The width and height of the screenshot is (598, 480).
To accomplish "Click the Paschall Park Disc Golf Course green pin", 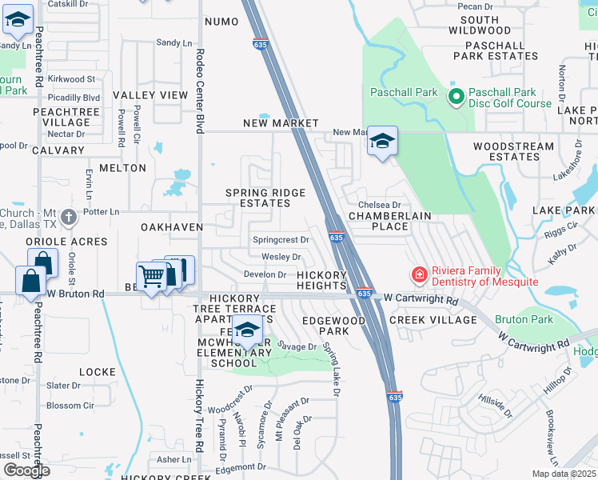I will click(456, 98).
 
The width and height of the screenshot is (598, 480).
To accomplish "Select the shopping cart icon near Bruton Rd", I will click(150, 277).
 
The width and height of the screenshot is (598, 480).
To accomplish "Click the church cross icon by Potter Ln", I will click(70, 216).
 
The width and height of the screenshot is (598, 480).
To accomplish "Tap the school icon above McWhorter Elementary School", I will click(248, 330).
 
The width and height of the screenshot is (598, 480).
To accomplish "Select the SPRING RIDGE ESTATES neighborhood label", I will click(265, 198).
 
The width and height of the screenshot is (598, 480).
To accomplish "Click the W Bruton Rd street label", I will click(76, 294).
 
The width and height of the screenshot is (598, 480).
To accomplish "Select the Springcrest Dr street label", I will click(281, 239).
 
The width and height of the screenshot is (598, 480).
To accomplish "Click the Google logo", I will click(26, 470).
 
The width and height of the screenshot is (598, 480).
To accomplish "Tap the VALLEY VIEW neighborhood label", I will click(149, 95).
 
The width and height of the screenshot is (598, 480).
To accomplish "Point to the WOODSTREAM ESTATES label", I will click(513, 152).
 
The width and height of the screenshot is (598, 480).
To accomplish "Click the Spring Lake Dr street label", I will click(332, 370).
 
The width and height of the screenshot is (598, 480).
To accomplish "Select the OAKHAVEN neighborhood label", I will click(172, 227).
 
